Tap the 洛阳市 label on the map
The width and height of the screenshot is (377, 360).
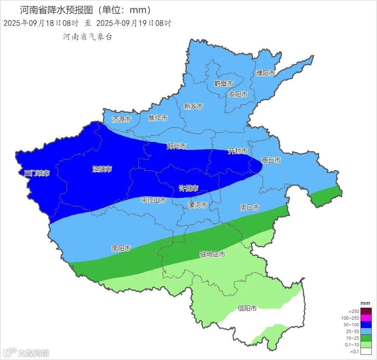[x=102, y=169]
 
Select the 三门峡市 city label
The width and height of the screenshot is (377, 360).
[x=37, y=173]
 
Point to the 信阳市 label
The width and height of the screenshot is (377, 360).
[x=247, y=308]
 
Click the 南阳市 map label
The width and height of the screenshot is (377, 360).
[x=121, y=248]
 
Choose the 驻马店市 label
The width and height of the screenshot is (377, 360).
[x=212, y=254]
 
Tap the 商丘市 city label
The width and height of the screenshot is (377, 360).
[x=271, y=160]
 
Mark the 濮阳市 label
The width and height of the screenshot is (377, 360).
[x=265, y=73]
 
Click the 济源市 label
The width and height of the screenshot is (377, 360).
[x=122, y=119]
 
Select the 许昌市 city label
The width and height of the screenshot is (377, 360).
[x=189, y=188]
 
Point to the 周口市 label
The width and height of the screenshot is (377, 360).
[x=249, y=208]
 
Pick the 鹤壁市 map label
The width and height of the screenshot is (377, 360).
[x=224, y=84]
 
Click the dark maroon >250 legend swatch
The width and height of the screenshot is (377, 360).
[x=366, y=311]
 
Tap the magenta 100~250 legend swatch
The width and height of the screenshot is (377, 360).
[x=366, y=318]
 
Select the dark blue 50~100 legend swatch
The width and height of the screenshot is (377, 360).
[x=366, y=325]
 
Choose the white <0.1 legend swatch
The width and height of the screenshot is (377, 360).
[x=366, y=351]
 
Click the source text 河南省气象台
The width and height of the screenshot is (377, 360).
[x=87, y=37]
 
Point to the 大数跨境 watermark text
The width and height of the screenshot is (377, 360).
[x=34, y=353]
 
